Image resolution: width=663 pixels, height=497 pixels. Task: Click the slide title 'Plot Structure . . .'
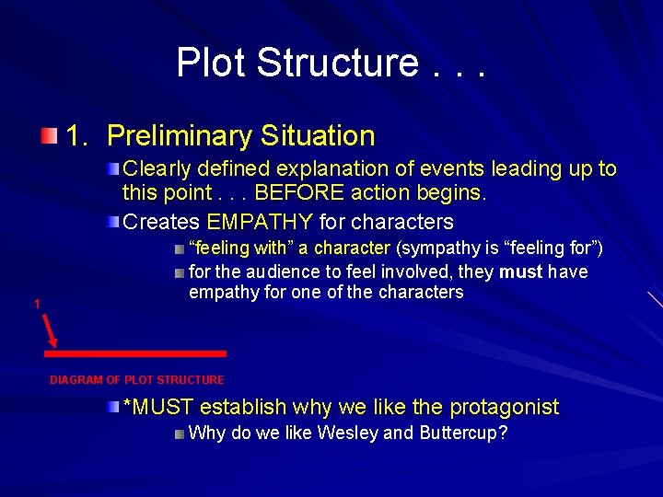(331, 63)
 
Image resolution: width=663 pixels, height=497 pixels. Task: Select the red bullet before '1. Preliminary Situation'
(49, 136)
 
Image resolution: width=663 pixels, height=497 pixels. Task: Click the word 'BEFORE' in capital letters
(297, 194)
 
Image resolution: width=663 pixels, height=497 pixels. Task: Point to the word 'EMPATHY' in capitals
(261, 222)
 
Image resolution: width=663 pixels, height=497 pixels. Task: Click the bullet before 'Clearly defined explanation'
(112, 168)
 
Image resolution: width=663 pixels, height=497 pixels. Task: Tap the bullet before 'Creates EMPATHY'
(112, 222)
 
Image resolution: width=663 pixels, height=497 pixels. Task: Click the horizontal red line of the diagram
(137, 353)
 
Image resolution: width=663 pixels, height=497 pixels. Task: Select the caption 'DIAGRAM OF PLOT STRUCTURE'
(137, 379)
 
